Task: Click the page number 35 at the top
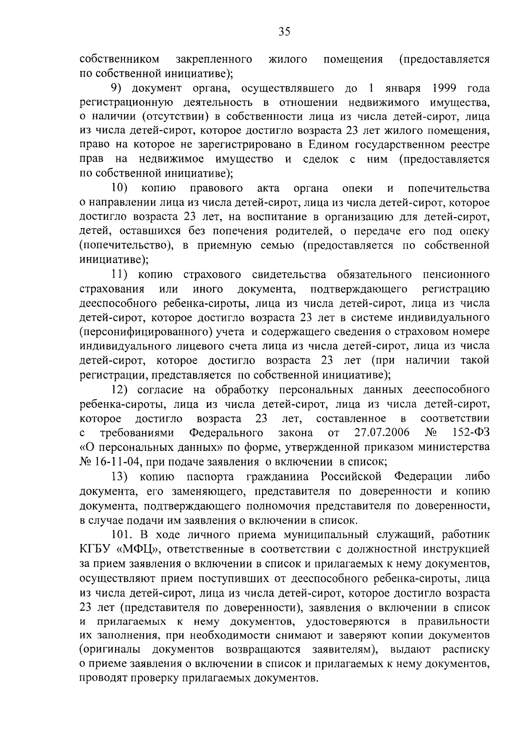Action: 284,32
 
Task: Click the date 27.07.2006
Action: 381,433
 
